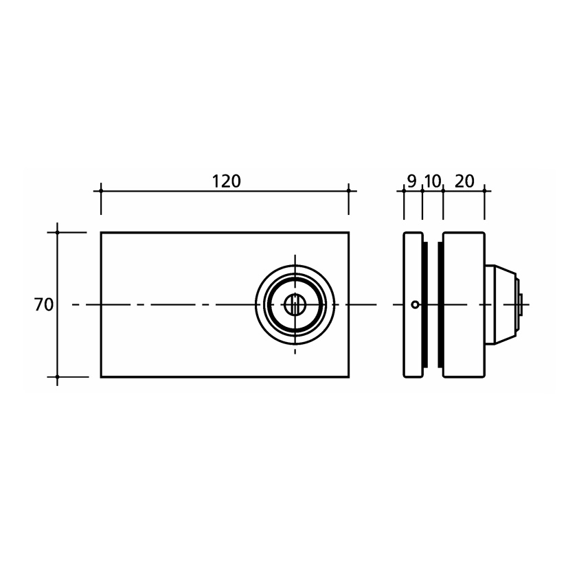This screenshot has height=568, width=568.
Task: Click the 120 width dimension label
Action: point(226,181)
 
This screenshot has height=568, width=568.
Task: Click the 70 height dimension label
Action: point(44,305)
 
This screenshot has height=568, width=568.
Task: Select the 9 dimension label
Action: point(412,181)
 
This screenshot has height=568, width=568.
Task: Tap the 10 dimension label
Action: point(433,181)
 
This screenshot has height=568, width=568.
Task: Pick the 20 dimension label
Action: point(464,181)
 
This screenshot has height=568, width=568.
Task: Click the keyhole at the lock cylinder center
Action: point(295,305)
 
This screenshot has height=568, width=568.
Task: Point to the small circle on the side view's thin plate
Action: point(415,305)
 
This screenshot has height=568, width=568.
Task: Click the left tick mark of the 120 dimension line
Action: point(101,190)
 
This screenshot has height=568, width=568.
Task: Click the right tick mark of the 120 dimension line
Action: point(349,190)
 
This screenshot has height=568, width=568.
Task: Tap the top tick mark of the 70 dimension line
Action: point(57,232)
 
